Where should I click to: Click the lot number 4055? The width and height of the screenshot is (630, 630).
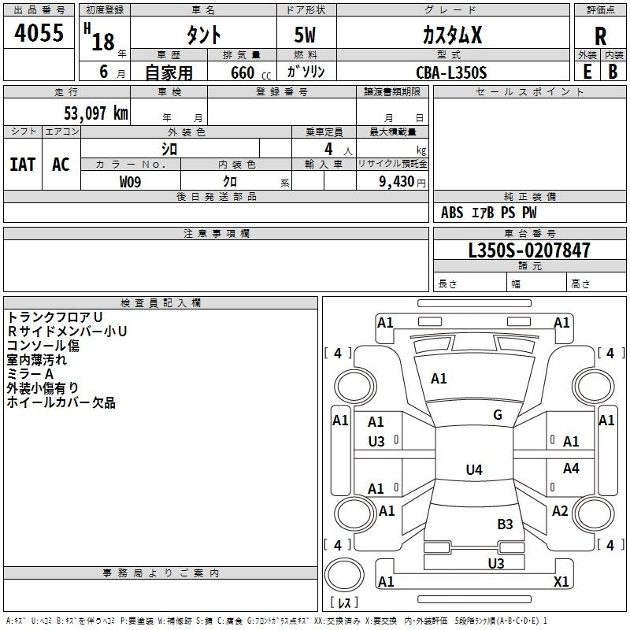[x=39, y=32]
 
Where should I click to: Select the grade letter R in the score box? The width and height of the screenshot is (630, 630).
[x=600, y=36]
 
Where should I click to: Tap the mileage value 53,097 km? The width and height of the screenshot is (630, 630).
[x=96, y=113]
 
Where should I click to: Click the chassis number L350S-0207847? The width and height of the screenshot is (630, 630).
[x=529, y=250]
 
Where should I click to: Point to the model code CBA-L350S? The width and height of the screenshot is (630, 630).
[x=451, y=72]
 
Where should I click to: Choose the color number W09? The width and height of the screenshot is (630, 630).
[x=130, y=182]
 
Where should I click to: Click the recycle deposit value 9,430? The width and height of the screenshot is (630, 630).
[x=397, y=181]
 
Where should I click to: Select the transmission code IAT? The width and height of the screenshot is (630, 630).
[x=23, y=165]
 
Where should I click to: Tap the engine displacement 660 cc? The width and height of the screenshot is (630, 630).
[x=251, y=72]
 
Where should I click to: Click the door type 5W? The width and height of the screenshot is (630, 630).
[x=305, y=35]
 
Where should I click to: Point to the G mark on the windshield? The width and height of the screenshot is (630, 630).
[x=498, y=415]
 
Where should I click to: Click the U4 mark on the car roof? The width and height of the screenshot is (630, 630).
[x=474, y=469]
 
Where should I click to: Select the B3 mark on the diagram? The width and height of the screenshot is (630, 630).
[x=505, y=524]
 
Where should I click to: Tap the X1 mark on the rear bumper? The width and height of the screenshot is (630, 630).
[x=561, y=581]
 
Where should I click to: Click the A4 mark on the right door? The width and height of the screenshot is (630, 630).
[x=571, y=468]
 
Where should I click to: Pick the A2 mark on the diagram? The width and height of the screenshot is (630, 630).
[x=560, y=510]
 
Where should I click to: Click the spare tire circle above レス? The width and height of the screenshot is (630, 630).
[x=344, y=575]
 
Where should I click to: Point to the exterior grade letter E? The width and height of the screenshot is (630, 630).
[x=587, y=72]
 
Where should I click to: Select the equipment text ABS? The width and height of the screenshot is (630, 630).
[x=452, y=213]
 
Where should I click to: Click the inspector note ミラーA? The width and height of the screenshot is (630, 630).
[x=30, y=374]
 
